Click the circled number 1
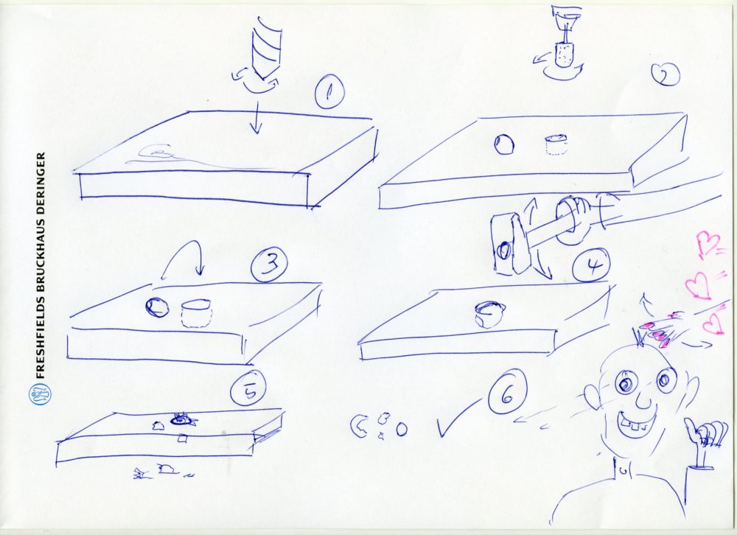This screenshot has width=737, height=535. (x=329, y=91)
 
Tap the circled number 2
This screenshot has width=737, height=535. (x=666, y=75)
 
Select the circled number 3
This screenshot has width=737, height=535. (x=269, y=265)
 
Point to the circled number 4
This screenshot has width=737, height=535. (x=591, y=265)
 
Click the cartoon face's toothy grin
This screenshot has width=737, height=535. (x=635, y=423)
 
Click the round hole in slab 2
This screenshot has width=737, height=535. (x=504, y=144)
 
